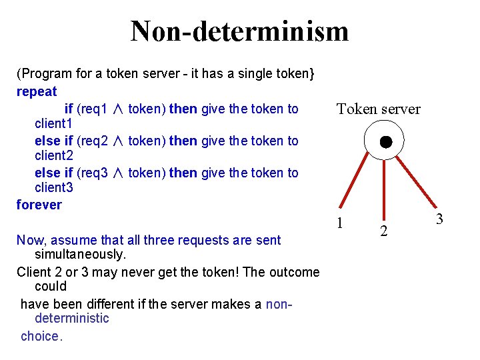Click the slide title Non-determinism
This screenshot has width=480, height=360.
239,31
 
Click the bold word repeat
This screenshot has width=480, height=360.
37,92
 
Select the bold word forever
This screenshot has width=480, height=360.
39,205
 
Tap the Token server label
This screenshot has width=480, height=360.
378,109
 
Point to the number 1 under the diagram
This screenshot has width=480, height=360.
340,223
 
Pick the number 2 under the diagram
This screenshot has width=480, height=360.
383,231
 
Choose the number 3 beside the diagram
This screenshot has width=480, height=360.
439,219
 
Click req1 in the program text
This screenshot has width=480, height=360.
93,109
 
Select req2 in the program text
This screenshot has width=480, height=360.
93,141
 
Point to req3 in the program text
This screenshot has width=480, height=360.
93,173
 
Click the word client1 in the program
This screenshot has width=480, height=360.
53,124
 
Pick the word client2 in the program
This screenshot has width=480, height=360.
53,156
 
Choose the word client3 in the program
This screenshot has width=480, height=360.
53,188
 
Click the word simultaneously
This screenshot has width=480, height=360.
80,255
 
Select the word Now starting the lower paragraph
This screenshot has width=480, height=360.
29,240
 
